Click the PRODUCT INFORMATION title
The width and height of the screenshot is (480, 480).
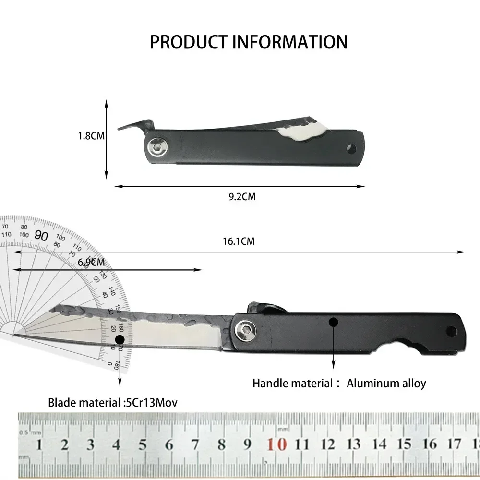tap(248, 42)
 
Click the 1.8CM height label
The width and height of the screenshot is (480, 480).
tap(91, 136)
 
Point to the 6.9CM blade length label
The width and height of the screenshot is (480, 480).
tap(91, 263)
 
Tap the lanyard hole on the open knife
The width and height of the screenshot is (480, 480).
tap(451, 331)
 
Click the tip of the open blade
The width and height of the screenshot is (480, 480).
tap(15, 335)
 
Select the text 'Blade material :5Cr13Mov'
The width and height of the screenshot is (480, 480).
tap(112, 402)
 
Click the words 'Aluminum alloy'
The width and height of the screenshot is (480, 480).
tap(386, 383)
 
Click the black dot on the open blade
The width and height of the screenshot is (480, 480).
tap(120, 339)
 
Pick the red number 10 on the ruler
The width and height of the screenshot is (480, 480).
tap(277, 444)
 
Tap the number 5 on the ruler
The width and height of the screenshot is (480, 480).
tap(143, 444)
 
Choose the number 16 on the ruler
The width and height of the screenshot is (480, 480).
tap(431, 444)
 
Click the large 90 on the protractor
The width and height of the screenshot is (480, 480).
tap(42, 236)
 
